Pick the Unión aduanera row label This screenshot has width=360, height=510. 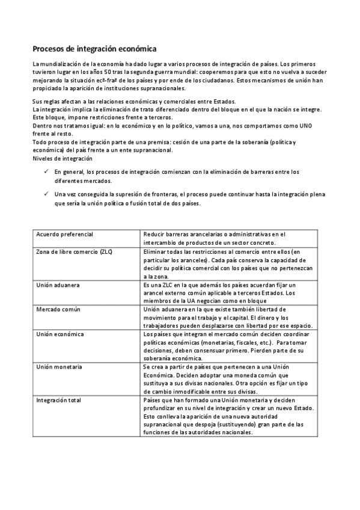coord(58,284)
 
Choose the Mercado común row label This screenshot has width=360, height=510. coord(58,309)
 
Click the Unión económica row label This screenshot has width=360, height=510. coord(60,334)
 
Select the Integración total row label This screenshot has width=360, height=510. coord(61,400)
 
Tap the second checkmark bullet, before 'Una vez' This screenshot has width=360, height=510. coord(46,194)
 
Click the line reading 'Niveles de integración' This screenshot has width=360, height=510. coord(63,158)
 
